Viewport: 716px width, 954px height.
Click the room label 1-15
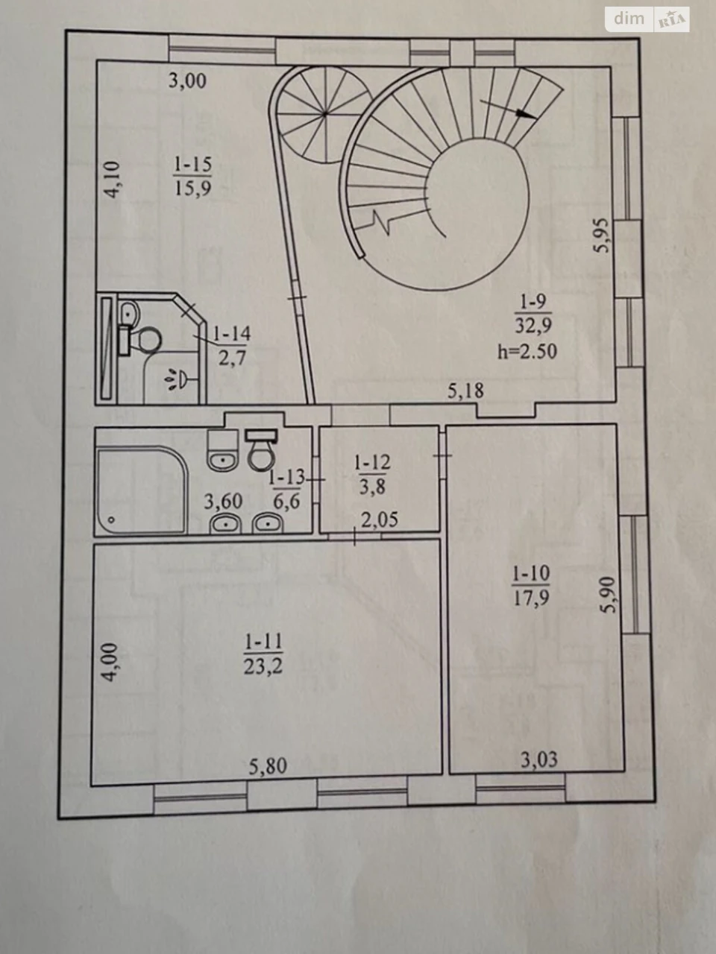pyautogui.click(x=192, y=164)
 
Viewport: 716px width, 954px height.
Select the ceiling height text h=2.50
pyautogui.click(x=527, y=352)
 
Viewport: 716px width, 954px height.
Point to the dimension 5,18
pyautogui.click(x=465, y=391)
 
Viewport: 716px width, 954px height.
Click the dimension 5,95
pyautogui.click(x=604, y=236)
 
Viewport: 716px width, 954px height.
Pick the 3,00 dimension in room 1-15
pyautogui.click(x=187, y=81)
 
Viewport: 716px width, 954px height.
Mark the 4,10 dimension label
pyautogui.click(x=112, y=180)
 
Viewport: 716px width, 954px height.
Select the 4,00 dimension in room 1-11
pyautogui.click(x=111, y=662)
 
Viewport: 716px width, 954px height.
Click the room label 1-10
pyautogui.click(x=531, y=574)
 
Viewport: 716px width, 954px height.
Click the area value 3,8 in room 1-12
pyautogui.click(x=373, y=487)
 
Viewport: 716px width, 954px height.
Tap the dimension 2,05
pyautogui.click(x=380, y=519)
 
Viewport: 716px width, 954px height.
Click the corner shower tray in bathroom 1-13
pyautogui.click(x=142, y=491)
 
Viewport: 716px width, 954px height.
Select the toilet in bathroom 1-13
pyautogui.click(x=261, y=450)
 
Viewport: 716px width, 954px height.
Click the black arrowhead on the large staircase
pyautogui.click(x=526, y=113)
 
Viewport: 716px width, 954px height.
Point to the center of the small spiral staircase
pyautogui.click(x=325, y=114)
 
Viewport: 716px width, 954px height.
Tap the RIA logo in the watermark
pyautogui.click(x=672, y=19)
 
